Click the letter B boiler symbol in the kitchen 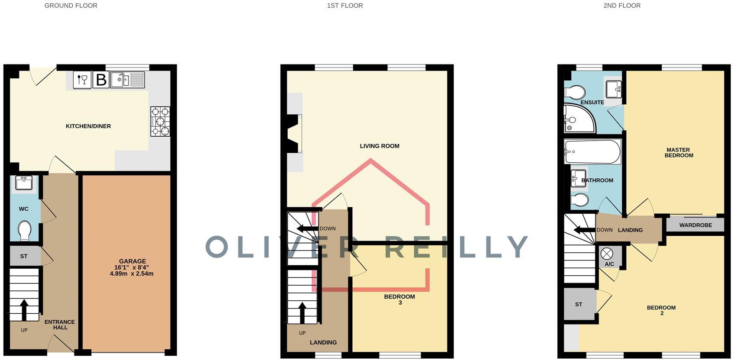tap(101, 80)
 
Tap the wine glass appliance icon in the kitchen tap(82, 80)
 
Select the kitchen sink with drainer tap(127, 80)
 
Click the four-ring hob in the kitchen tap(160, 121)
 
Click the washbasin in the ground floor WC tap(23, 183)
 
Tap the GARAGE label tap(132, 261)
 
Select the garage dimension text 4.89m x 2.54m tap(132, 274)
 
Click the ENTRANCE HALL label tap(60, 325)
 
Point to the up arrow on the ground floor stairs tap(24, 309)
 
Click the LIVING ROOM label tap(380, 146)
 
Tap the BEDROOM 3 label tap(399, 299)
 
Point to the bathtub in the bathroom tap(592, 151)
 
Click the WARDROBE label tap(695, 225)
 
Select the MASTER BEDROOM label tap(679, 152)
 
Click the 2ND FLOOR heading tap(622, 6)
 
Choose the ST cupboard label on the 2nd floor tap(579, 305)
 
